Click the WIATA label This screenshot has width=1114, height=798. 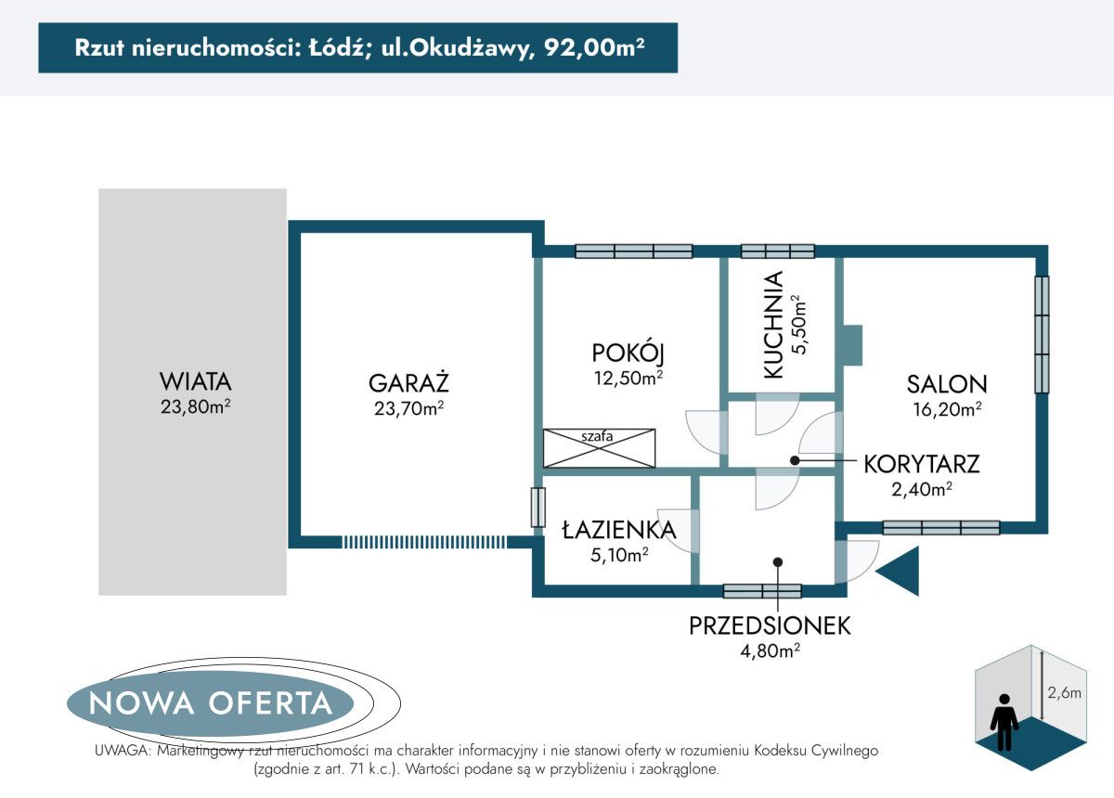click(x=195, y=381)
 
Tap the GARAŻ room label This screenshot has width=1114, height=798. click(x=408, y=382)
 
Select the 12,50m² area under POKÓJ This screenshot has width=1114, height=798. click(x=628, y=378)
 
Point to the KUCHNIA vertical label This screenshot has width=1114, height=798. click(x=773, y=325)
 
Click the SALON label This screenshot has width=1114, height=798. click(x=947, y=383)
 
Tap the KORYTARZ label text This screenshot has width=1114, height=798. click(x=921, y=464)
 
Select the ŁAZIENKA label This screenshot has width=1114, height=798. click(x=618, y=530)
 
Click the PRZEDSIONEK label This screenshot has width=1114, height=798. click(x=770, y=626)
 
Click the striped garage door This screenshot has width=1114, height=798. click(x=424, y=542)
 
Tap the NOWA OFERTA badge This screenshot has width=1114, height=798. click(x=211, y=702)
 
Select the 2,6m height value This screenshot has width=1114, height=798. click(x=1064, y=692)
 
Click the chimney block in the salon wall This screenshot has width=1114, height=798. click(x=851, y=344)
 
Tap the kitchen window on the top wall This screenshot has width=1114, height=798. click(x=777, y=251)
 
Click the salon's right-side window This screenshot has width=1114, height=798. click(x=1043, y=334)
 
